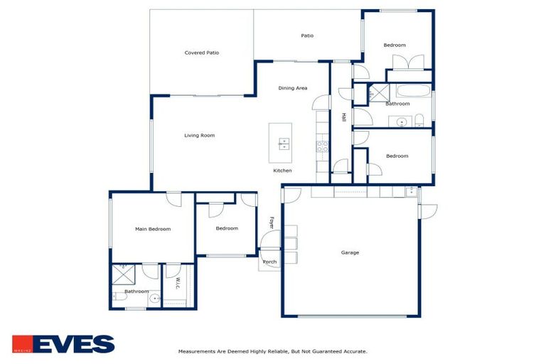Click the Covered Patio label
[201, 53]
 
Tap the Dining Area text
[292, 88]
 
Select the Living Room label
[199, 135]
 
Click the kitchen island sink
[283, 144]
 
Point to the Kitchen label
[282, 171]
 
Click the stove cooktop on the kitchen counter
[321, 147]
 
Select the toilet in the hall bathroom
[419, 120]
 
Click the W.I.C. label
[176, 283]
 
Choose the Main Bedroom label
[153, 229]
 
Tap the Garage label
[350, 252]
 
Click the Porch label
[270, 262]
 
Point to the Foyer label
[271, 223]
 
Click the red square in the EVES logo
[21, 344]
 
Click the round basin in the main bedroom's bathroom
[154, 299]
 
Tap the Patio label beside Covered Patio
[307, 36]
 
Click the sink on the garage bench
[411, 191]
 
